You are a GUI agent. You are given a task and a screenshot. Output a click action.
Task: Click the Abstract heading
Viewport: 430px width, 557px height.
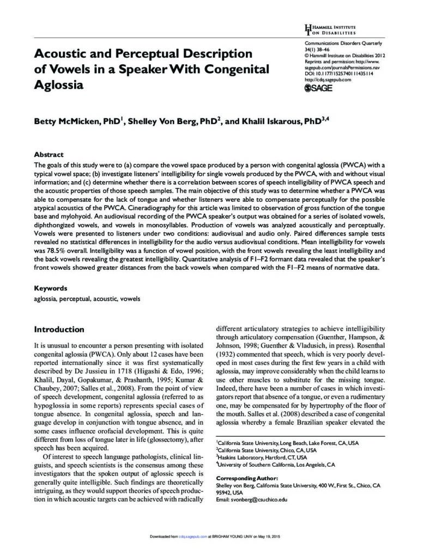(x=49, y=154)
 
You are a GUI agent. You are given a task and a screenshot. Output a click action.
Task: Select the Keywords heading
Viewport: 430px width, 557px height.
(x=51, y=288)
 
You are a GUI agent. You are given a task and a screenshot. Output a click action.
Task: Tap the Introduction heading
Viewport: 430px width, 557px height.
(x=59, y=329)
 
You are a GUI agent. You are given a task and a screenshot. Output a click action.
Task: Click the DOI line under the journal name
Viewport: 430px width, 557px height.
(x=338, y=73)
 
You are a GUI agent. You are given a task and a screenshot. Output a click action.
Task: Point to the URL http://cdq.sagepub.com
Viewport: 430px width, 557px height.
(x=328, y=79)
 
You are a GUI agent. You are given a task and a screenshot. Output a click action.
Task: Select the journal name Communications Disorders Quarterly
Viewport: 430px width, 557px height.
(x=343, y=43)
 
